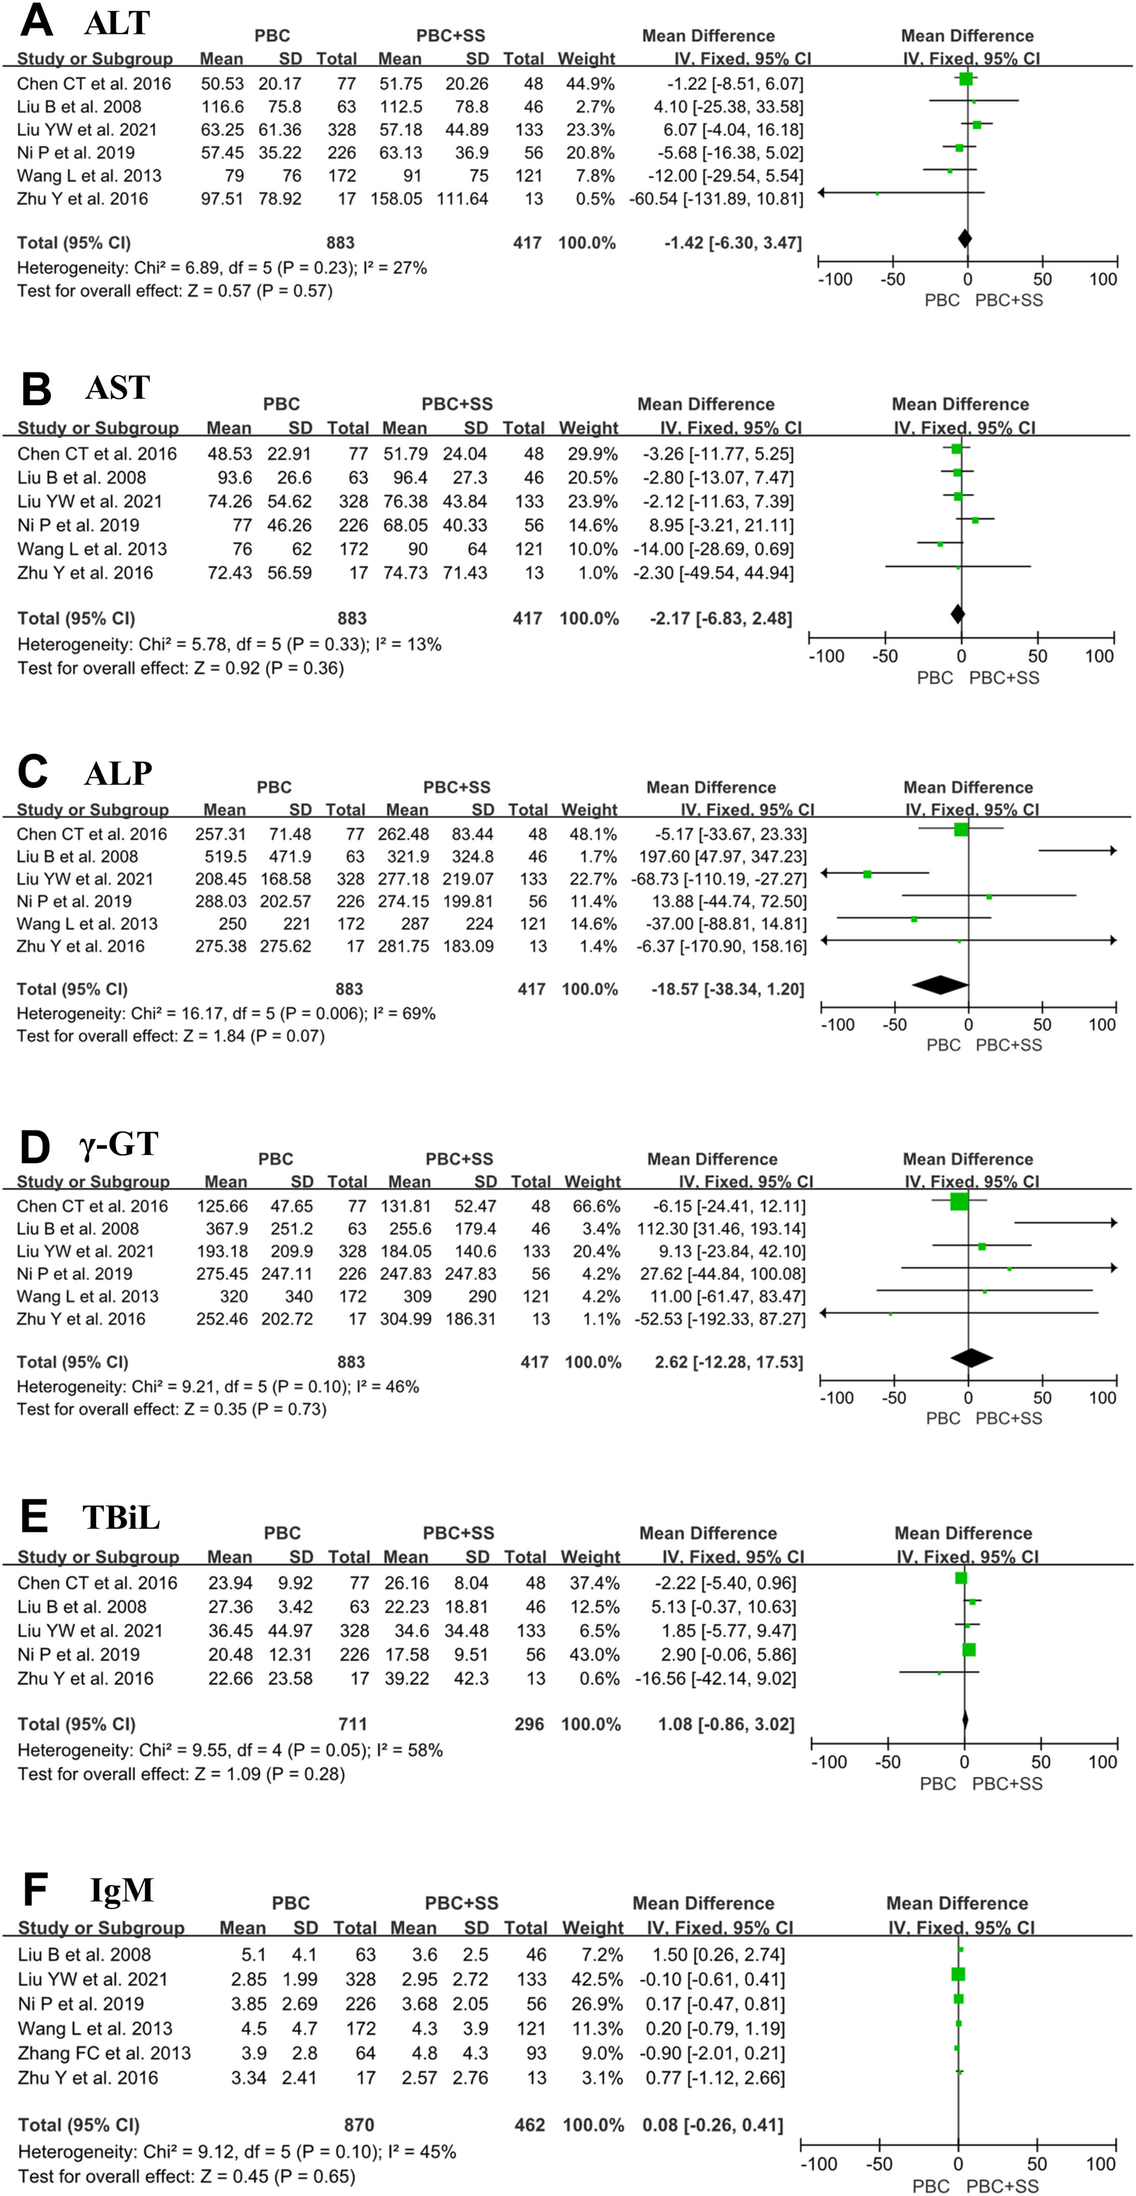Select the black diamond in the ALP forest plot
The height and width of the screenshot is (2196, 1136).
pos(940,984)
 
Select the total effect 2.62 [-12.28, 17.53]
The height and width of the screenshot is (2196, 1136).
pos(729,1362)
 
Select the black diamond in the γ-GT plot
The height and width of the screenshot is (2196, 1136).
pos(971,1358)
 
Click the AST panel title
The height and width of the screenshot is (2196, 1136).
pos(118,388)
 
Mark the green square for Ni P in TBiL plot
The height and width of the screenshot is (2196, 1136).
pos(969,1650)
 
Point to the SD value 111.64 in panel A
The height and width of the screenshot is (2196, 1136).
pos(463,198)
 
